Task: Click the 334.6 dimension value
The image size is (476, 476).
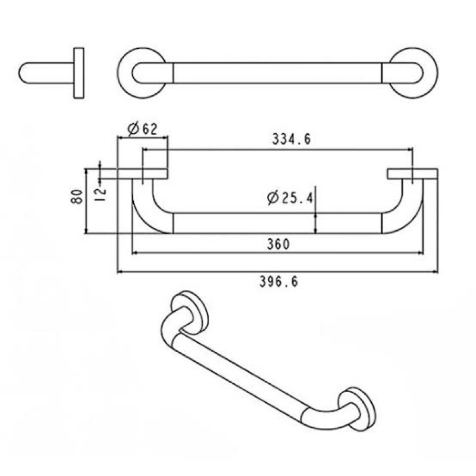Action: click(292, 139)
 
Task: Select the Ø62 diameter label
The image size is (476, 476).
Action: click(143, 129)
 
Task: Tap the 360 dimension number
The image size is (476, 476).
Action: click(278, 244)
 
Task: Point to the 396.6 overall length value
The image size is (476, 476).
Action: click(278, 282)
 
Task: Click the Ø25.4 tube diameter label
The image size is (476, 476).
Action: click(290, 198)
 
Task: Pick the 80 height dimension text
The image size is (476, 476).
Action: click(77, 196)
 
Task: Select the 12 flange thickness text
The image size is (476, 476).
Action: click(101, 195)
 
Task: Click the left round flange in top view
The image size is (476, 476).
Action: click(126, 73)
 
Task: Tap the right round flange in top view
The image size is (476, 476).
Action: click(430, 73)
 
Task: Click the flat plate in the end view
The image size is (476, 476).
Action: click(79, 73)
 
